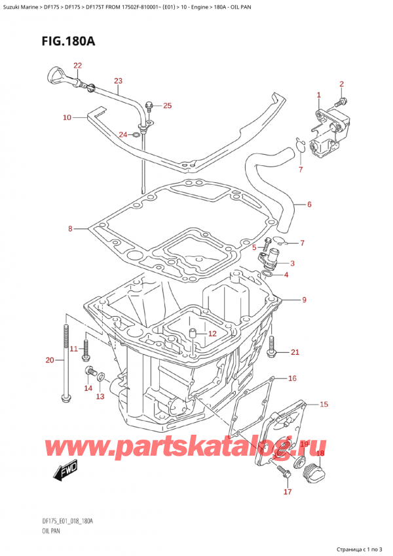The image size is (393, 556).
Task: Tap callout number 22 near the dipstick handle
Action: click(x=78, y=66)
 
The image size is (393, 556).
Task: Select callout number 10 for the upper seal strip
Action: click(x=67, y=118)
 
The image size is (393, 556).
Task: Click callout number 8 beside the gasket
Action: click(x=71, y=229)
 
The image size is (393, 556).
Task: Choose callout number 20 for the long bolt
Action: click(x=50, y=359)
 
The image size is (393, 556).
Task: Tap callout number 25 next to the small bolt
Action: click(x=167, y=106)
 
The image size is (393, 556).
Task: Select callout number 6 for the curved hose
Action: click(x=309, y=205)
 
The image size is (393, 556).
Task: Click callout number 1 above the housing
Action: click(x=319, y=95)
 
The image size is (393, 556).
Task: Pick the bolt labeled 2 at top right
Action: click(x=338, y=102)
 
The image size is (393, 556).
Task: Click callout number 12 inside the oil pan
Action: click(x=212, y=334)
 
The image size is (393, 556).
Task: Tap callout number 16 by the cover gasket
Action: click(x=292, y=378)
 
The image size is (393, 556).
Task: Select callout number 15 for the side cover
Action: click(x=324, y=405)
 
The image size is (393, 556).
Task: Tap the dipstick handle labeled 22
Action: click(x=56, y=73)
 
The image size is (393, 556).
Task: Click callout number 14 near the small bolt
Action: click(x=88, y=388)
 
